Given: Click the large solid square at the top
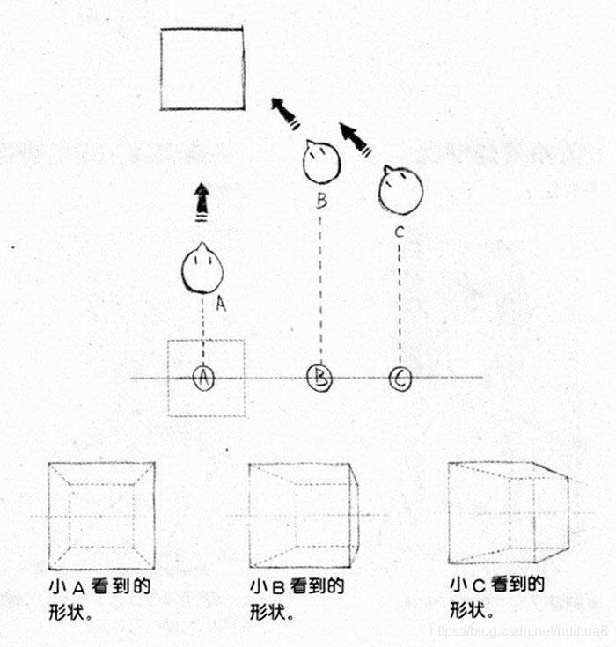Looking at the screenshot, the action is [x=202, y=69].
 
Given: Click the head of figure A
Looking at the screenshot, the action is [x=202, y=269].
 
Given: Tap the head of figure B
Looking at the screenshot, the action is [x=321, y=160].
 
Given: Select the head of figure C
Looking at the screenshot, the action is [x=400, y=188].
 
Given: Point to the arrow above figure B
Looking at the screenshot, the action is [x=285, y=114].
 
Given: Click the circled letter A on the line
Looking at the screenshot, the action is [x=203, y=378].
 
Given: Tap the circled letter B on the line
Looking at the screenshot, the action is [x=319, y=379].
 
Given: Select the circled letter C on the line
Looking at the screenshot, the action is [x=400, y=379].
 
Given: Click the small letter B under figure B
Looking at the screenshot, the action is [x=321, y=201].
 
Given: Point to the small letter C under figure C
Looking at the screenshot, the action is [x=400, y=232].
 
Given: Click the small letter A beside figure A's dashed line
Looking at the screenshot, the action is [x=221, y=305].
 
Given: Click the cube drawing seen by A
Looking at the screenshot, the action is [x=101, y=515].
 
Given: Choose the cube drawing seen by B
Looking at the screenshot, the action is [x=304, y=515].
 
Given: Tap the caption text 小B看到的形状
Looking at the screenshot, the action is [x=296, y=599].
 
